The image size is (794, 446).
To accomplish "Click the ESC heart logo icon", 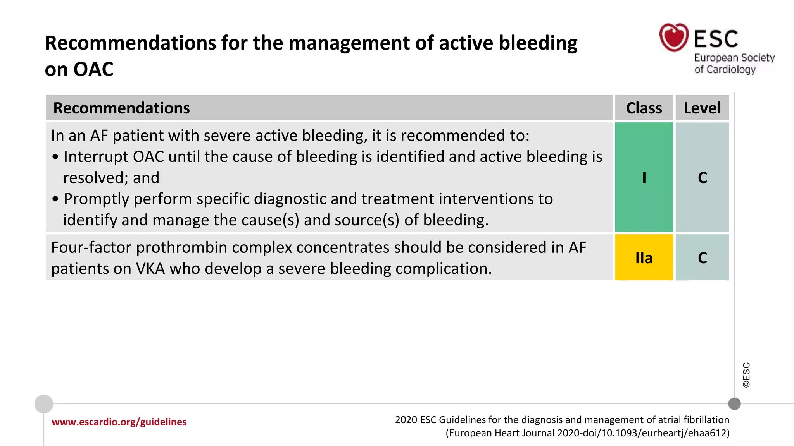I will pyautogui.click(x=674, y=38).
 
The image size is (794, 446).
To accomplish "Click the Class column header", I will pyautogui.click(x=644, y=108).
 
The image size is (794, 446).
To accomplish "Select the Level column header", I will pyautogui.click(x=702, y=108).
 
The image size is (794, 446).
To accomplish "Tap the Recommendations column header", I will pyautogui.click(x=121, y=108).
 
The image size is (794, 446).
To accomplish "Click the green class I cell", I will pyautogui.click(x=644, y=177).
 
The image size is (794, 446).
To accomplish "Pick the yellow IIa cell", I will pyautogui.click(x=644, y=257).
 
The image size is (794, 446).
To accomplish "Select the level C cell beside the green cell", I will pyautogui.click(x=702, y=177).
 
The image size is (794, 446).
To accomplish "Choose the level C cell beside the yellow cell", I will pyautogui.click(x=702, y=257).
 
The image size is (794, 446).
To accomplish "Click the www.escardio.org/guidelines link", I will pyautogui.click(x=119, y=422).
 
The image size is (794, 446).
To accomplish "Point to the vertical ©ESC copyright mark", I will pyautogui.click(x=746, y=375).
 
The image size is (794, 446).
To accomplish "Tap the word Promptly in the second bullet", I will pyautogui.click(x=95, y=199).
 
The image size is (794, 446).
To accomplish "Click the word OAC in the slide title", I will pyautogui.click(x=93, y=70).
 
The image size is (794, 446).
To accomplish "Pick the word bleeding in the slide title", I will pyautogui.click(x=538, y=43).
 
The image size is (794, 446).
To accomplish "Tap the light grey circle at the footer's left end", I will pyautogui.click(x=44, y=404).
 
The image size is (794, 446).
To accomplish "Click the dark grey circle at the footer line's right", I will pyautogui.click(x=734, y=404).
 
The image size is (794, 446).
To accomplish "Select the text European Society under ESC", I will pyautogui.click(x=734, y=58).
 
